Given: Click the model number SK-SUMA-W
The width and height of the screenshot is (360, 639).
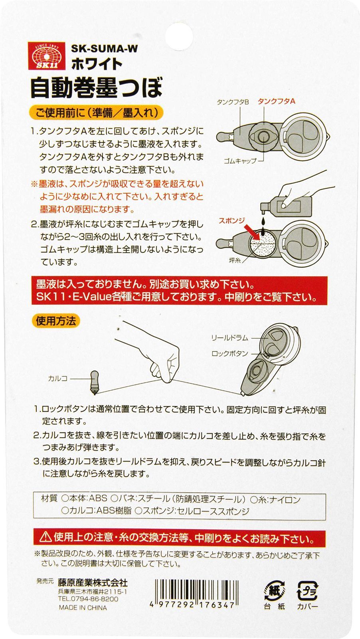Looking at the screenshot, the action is (x=104, y=49).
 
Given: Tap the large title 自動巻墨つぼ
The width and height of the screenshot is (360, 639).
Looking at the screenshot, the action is (x=96, y=87).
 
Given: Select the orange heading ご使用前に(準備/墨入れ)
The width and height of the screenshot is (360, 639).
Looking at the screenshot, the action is (x=97, y=113).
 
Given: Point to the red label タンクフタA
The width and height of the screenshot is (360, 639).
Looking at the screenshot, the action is (x=276, y=101).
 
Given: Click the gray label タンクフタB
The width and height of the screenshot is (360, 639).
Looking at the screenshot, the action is (x=233, y=102).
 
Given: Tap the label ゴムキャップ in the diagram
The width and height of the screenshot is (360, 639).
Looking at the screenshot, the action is (x=240, y=161).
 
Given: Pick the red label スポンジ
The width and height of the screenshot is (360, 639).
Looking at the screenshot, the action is (x=232, y=220).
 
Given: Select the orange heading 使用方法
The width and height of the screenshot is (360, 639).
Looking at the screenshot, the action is (x=56, y=321).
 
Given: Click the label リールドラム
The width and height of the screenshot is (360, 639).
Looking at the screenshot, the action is (x=230, y=338).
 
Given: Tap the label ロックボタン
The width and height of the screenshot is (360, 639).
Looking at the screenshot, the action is (x=230, y=354).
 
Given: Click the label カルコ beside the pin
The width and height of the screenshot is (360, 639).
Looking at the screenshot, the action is (x=58, y=379).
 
